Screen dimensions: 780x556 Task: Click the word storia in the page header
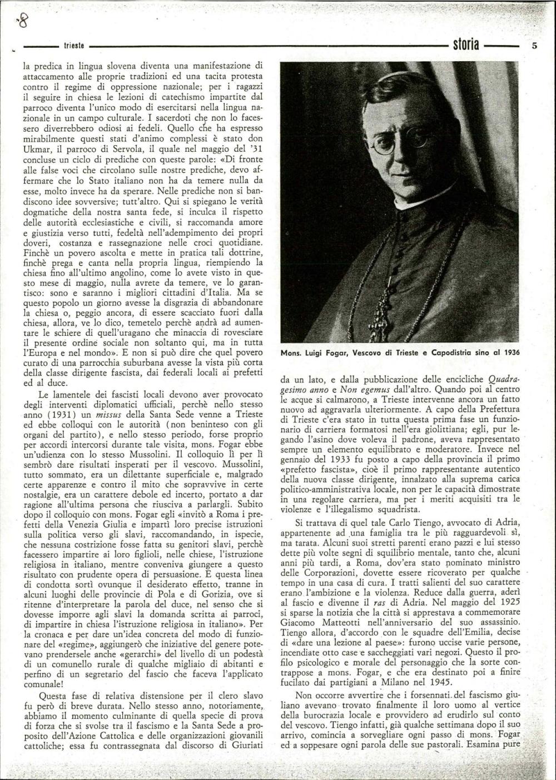pyautogui.click(x=466, y=45)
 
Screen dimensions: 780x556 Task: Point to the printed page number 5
pyautogui.click(x=534, y=46)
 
